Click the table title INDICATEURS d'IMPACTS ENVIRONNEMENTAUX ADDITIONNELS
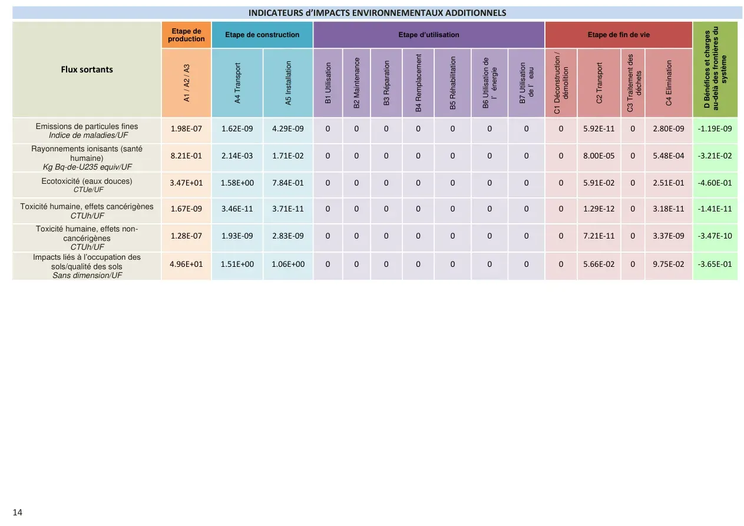(x=377, y=13)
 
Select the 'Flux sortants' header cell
(x=87, y=70)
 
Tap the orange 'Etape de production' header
(x=186, y=35)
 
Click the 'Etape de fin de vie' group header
(x=619, y=35)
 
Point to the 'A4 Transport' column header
(x=237, y=83)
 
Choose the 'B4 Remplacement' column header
(x=418, y=83)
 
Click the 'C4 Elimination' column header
(x=669, y=83)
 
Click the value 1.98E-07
(x=186, y=129)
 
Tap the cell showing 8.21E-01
(x=186, y=156)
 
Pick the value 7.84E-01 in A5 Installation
(x=288, y=183)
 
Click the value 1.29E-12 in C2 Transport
(x=599, y=209)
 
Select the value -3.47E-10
(x=715, y=236)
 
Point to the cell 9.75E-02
(x=669, y=264)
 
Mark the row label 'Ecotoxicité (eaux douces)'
(x=87, y=181)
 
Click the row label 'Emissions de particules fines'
(x=87, y=126)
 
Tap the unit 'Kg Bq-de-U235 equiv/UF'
(x=87, y=167)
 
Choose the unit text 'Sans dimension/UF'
(x=87, y=275)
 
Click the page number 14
(x=17, y=512)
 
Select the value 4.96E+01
(x=186, y=264)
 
